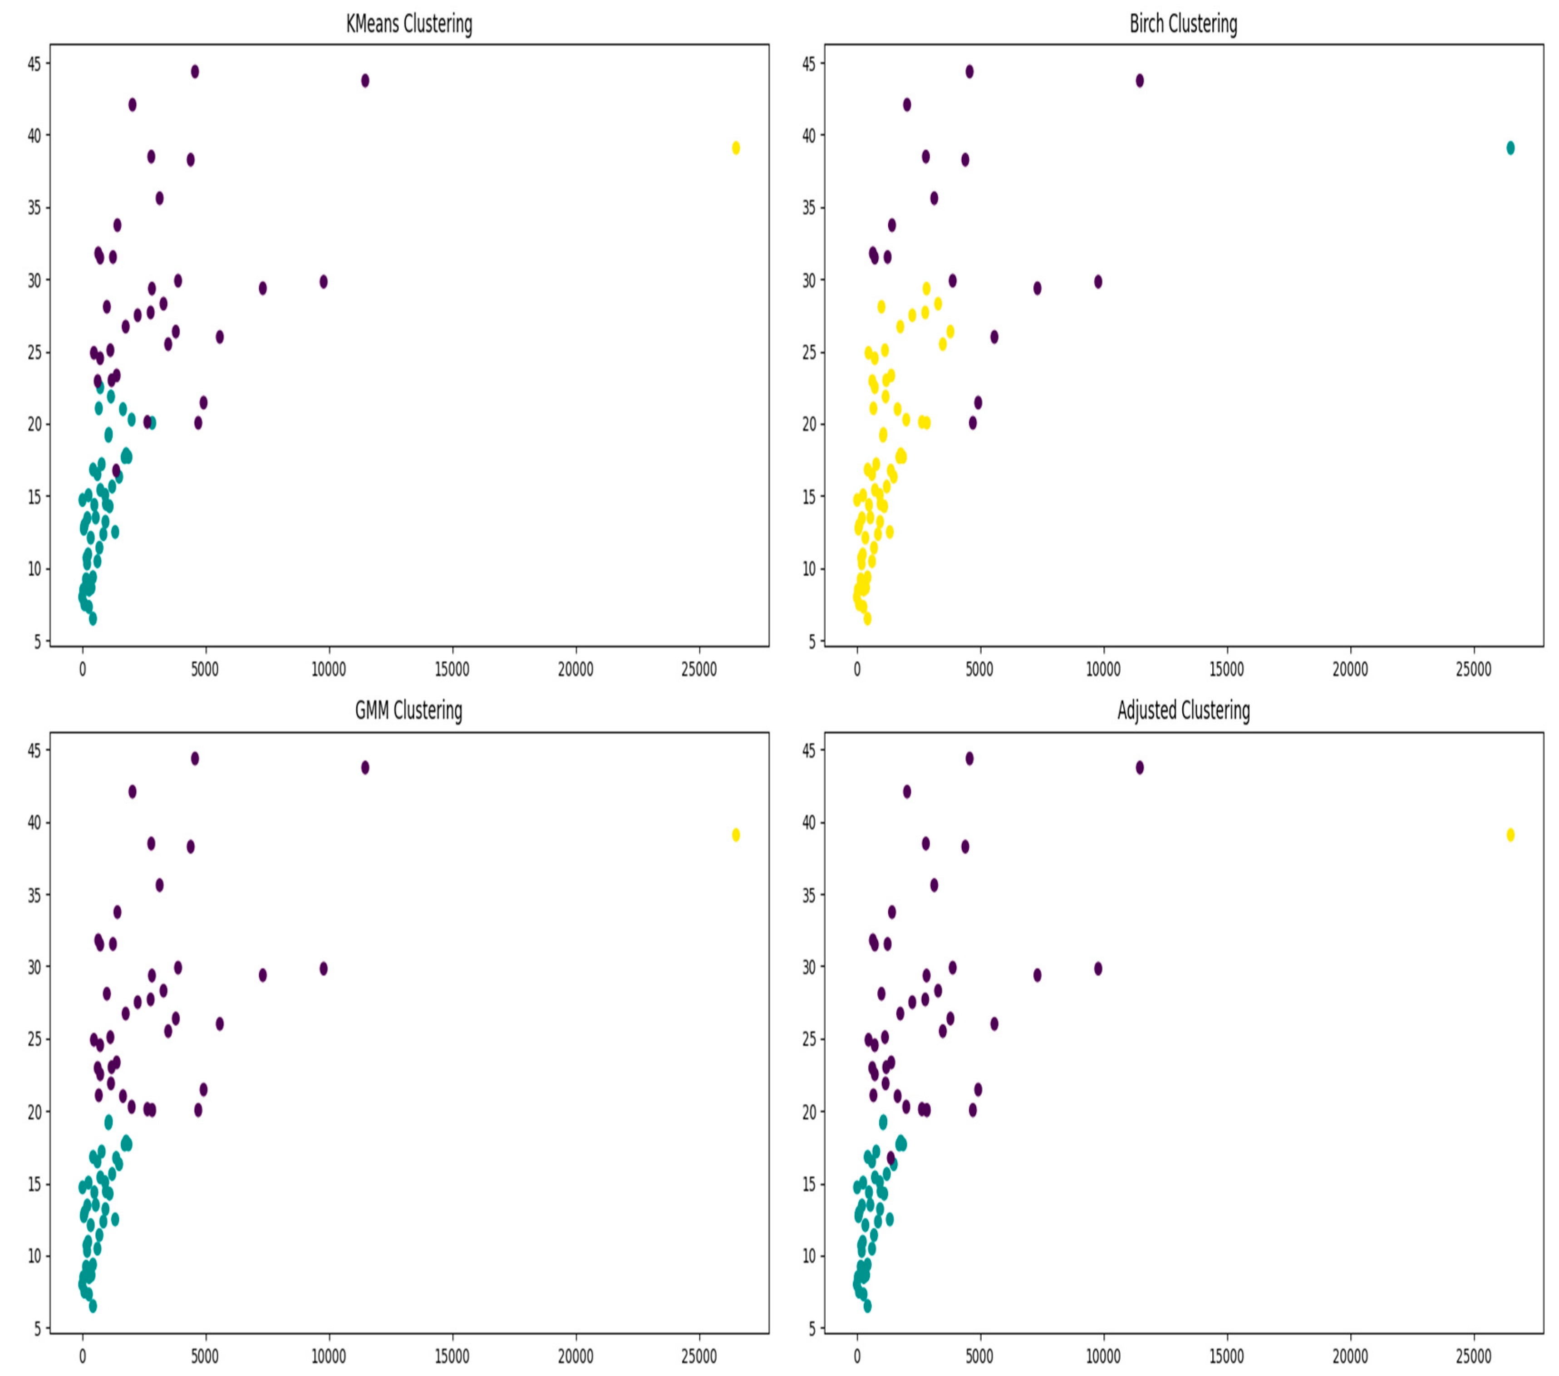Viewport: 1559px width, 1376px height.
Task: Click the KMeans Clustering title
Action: [409, 24]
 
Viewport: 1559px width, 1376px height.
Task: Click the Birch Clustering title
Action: [1183, 24]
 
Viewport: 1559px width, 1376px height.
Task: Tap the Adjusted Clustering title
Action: [1183, 710]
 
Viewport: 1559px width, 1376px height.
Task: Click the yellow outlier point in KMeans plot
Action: [736, 148]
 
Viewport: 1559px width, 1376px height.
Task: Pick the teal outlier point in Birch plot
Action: [1510, 148]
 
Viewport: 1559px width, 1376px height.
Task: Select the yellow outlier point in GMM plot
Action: [736, 835]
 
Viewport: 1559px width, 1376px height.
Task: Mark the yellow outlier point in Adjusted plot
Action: [1510, 835]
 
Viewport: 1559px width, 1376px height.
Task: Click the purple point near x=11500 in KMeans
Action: [365, 81]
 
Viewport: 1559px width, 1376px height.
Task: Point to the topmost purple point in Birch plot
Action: [969, 72]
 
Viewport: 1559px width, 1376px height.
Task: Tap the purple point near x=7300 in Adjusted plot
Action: [1038, 975]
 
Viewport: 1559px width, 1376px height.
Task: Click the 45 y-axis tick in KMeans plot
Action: [34, 64]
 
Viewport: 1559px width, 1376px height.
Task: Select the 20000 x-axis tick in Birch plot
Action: [1350, 669]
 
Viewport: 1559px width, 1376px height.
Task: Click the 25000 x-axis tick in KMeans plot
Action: [698, 669]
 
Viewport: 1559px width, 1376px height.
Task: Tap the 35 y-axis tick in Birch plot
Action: [808, 208]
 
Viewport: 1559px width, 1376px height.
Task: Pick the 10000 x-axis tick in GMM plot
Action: [329, 1356]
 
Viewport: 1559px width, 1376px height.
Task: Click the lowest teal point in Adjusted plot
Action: [867, 1306]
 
